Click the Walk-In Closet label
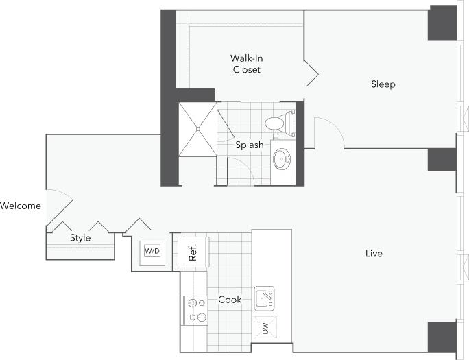tap(245, 64)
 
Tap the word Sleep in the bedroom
tap(383, 84)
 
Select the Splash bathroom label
tap(250, 145)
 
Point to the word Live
tap(374, 254)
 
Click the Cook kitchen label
tap(230, 300)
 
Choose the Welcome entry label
tap(21, 206)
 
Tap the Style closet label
tap(80, 238)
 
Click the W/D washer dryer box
tap(152, 251)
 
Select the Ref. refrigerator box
tap(193, 252)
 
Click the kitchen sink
tap(265, 298)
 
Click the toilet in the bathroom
tap(276, 123)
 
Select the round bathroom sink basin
tap(281, 160)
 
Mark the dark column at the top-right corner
tap(442, 24)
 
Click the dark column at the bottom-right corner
tap(442, 336)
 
